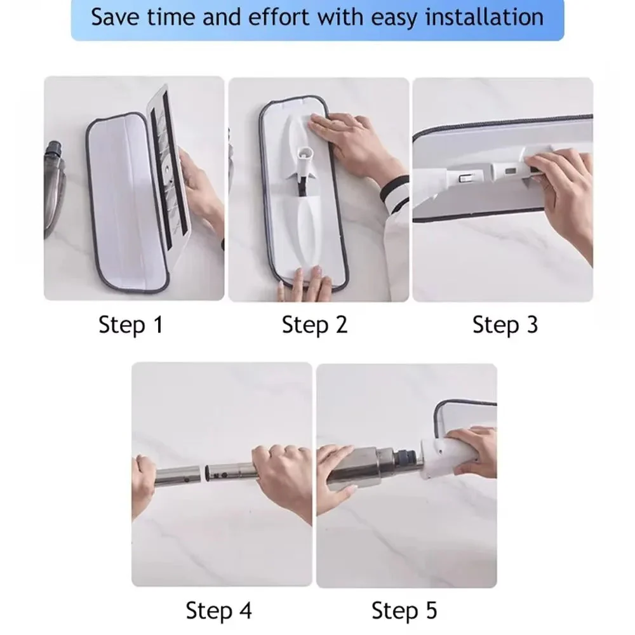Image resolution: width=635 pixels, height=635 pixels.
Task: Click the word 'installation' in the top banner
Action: click(484, 17)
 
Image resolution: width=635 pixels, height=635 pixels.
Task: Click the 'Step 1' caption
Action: click(131, 325)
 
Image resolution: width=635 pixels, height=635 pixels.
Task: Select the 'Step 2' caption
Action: click(315, 325)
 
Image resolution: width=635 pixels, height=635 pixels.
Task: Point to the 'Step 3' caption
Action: click(505, 325)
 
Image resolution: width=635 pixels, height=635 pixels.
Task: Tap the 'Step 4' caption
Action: click(219, 611)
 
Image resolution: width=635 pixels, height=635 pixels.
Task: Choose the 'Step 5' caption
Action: click(404, 611)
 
